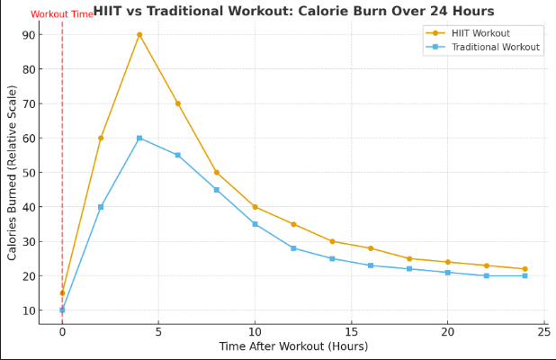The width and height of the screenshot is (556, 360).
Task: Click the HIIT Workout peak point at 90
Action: click(x=139, y=34)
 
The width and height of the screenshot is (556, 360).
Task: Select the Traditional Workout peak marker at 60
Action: click(x=139, y=138)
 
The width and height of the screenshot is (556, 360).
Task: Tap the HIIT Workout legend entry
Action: click(x=480, y=33)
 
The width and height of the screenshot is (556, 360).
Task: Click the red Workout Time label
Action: click(x=61, y=14)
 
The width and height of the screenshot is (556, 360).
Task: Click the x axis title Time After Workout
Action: click(x=293, y=346)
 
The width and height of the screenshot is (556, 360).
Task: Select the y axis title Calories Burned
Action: click(x=13, y=173)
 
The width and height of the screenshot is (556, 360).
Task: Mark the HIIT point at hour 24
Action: click(x=525, y=269)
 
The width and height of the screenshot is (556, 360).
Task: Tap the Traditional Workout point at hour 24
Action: click(x=525, y=275)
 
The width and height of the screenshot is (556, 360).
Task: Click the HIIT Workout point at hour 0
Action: click(x=62, y=292)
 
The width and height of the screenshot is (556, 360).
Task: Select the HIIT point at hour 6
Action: click(x=178, y=103)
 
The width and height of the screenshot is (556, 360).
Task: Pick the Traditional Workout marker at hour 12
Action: click(x=293, y=247)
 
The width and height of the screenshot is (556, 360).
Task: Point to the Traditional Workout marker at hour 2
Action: click(x=101, y=207)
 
